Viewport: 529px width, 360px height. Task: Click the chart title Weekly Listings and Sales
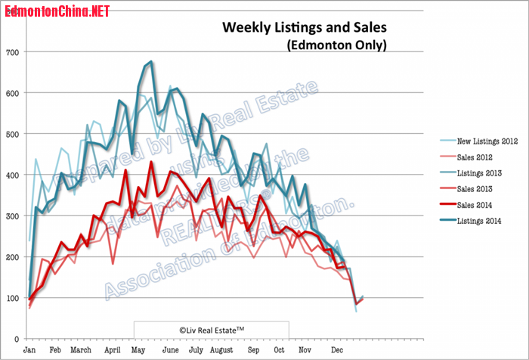[304, 28]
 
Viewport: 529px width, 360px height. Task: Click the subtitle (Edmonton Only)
[336, 45]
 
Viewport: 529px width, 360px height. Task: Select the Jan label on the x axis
[29, 350]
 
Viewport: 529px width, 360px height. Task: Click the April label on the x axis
[113, 350]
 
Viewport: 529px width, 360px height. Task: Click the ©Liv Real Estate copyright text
[212, 329]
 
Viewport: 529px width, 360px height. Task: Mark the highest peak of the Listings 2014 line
[152, 61]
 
